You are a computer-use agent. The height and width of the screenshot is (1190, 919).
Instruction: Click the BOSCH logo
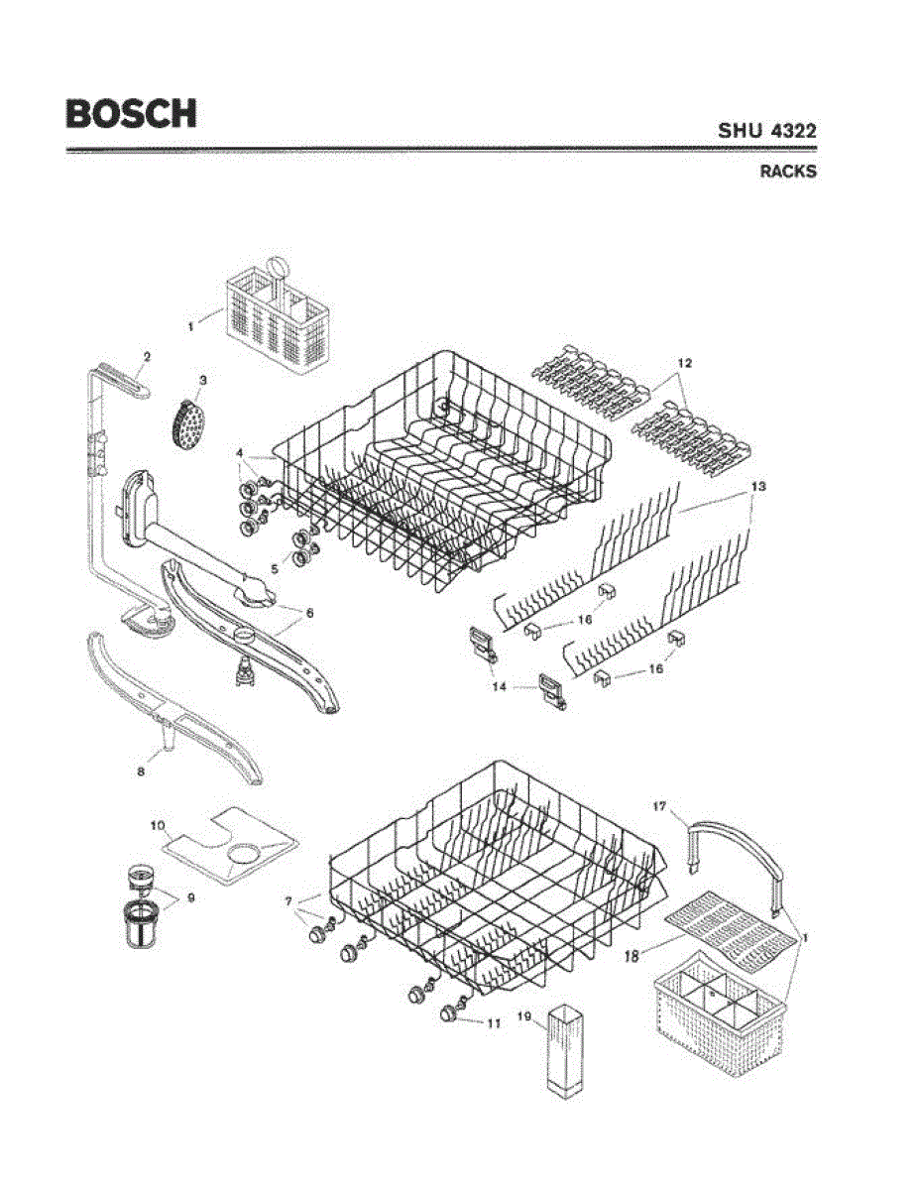click(x=131, y=113)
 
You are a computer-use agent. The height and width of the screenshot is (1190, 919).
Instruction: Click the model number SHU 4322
click(x=767, y=130)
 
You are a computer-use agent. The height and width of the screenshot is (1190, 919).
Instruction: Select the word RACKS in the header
click(x=788, y=171)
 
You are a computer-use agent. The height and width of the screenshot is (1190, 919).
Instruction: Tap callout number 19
click(x=525, y=1016)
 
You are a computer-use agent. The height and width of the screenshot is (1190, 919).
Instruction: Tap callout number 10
click(x=158, y=825)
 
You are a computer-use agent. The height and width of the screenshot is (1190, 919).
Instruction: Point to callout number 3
click(x=202, y=380)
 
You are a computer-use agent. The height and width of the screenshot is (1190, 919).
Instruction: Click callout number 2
click(x=147, y=355)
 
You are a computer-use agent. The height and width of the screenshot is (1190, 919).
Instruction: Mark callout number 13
click(x=759, y=487)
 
